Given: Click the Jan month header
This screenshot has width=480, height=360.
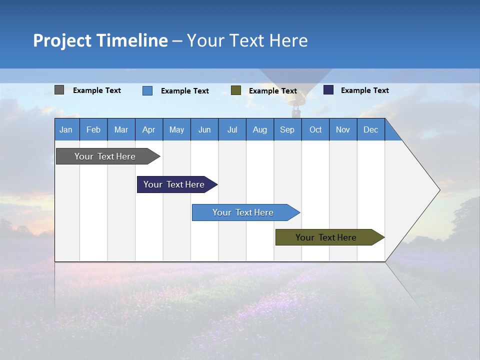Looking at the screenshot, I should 66,129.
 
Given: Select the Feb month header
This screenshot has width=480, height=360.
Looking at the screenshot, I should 93,129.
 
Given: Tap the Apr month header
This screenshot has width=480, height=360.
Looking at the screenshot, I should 149,129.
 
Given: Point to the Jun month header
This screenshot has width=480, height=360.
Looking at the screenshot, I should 204,129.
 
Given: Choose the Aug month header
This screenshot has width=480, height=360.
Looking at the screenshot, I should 260,129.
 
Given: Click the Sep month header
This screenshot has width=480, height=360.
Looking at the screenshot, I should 287,129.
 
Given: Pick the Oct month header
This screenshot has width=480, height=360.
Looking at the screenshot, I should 315,129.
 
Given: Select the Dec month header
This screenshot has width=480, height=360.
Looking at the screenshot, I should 371,129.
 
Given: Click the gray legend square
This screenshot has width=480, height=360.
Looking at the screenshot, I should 59,90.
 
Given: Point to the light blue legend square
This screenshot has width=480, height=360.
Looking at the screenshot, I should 147,90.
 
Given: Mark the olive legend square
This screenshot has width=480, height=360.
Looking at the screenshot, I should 236,90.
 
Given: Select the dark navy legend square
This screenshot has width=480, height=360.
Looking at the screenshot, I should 328,90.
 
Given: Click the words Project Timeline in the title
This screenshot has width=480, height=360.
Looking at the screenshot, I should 100,40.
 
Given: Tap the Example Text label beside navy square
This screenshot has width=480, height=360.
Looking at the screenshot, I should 364,90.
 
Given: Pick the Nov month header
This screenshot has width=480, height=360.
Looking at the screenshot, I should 343,129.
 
